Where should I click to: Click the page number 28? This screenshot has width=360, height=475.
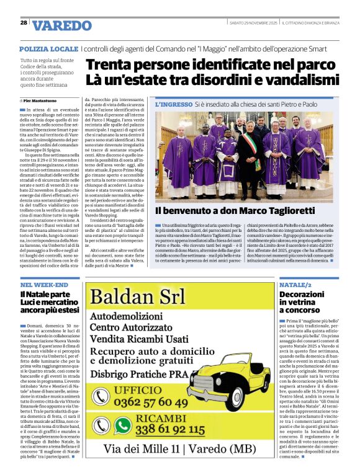23,22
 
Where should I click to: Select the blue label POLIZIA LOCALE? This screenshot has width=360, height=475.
48,48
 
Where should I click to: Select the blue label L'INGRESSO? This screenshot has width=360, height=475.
174,105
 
